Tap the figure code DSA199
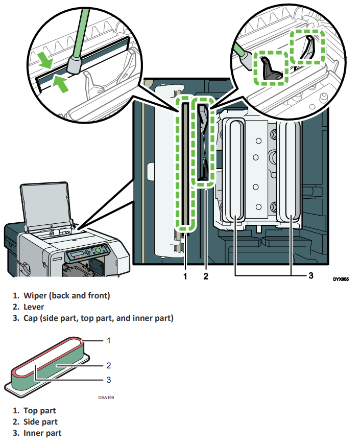(x=106, y=396)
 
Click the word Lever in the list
(x=34, y=307)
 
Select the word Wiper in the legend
(x=35, y=295)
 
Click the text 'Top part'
(x=40, y=410)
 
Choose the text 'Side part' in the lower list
(x=40, y=422)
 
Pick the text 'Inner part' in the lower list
(x=42, y=433)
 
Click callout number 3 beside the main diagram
(x=310, y=276)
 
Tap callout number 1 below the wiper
(x=185, y=276)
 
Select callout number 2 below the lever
(x=206, y=276)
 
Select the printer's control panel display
(x=76, y=254)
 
